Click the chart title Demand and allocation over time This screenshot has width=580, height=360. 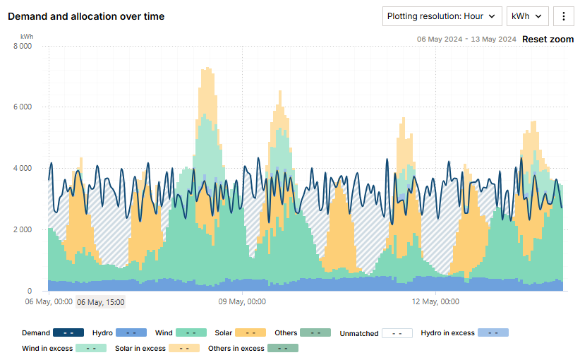pos(86,16)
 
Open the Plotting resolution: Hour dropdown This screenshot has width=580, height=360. pos(442,16)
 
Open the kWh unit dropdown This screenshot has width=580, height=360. pos(527,16)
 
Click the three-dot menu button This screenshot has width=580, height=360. pos(564,16)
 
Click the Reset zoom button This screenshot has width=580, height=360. pos(548,40)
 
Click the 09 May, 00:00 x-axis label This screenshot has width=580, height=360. pos(242,302)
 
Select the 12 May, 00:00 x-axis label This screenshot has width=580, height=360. pos(435,302)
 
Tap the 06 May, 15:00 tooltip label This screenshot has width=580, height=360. pos(101,302)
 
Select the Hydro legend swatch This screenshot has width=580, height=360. pos(131,332)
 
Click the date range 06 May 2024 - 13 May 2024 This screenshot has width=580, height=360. pos(466,40)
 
